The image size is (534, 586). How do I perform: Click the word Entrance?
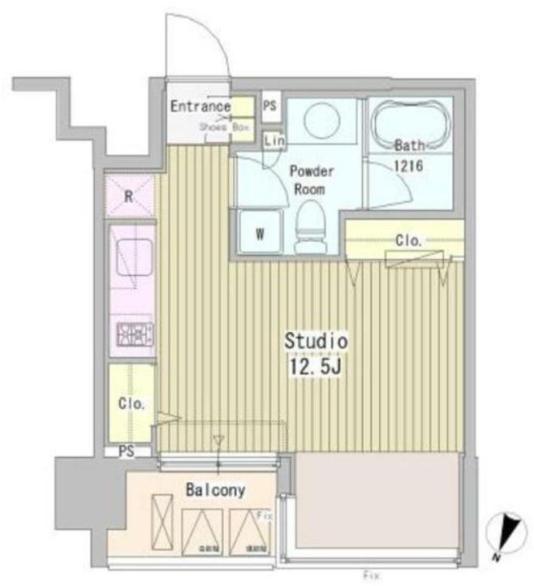(200, 106)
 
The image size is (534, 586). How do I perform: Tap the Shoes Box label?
(224, 128)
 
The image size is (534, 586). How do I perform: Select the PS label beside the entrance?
(270, 106)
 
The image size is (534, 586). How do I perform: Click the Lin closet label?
(275, 140)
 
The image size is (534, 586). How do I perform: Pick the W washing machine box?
(261, 233)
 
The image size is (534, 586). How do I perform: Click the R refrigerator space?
(129, 196)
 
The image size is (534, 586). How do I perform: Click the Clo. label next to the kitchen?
(130, 403)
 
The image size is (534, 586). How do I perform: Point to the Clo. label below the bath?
(407, 240)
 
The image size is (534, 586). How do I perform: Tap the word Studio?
(315, 341)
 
